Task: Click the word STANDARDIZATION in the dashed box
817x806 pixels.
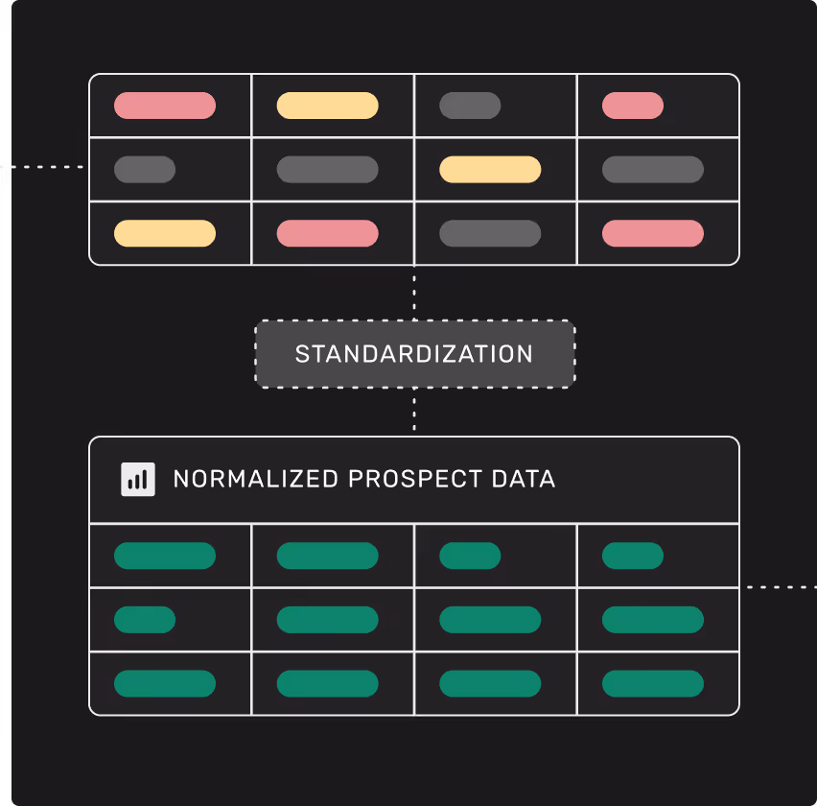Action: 414,354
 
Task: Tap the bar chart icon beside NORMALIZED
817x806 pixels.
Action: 138,479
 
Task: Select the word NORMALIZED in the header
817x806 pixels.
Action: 255,479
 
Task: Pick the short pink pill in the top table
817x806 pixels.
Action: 633,106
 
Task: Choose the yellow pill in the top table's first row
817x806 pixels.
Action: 327,106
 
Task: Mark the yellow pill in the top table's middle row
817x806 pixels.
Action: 490,170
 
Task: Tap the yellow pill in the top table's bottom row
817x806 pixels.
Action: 165,233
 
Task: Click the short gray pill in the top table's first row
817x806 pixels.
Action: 470,106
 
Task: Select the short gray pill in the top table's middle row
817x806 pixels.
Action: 145,170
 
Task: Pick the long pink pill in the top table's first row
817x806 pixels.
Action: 165,106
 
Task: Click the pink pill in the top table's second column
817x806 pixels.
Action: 327,233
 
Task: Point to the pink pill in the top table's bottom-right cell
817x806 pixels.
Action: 653,233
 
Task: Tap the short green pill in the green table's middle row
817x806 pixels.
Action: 145,620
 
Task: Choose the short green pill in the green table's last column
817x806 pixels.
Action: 633,556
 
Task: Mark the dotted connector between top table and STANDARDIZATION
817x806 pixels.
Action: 414,293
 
